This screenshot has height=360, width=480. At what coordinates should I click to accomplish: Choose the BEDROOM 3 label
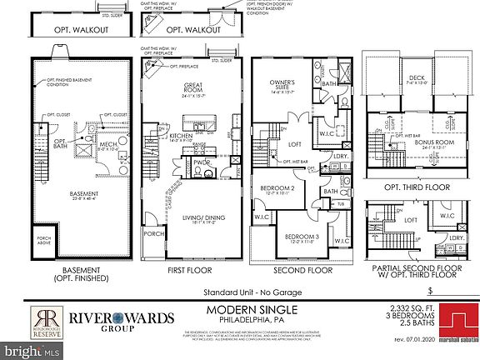coord(297,237)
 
